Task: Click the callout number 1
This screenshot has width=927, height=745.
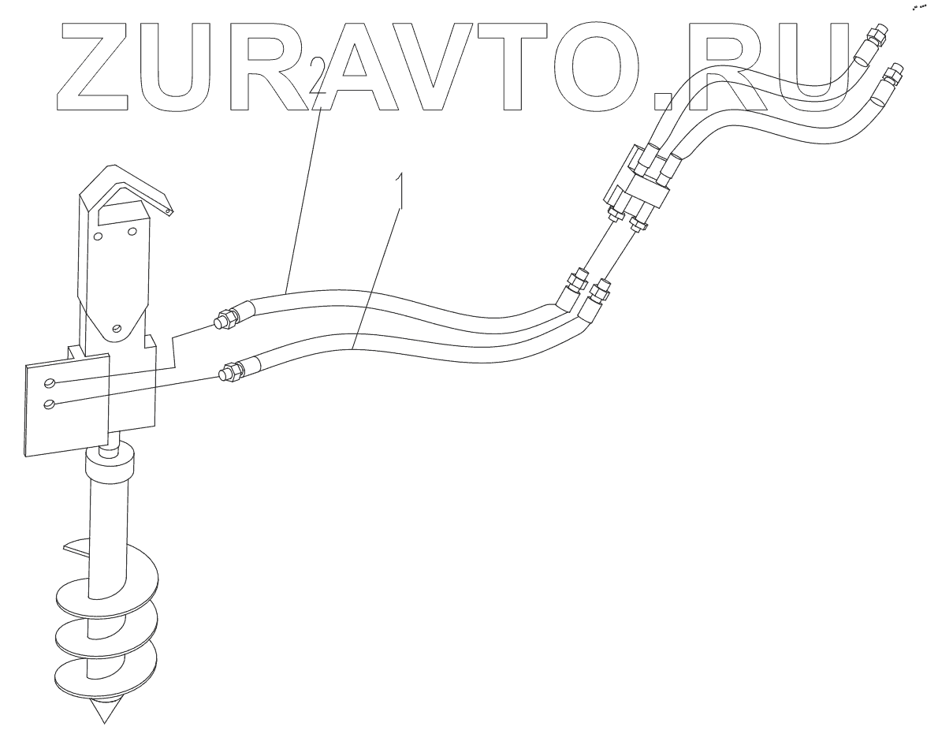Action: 402,191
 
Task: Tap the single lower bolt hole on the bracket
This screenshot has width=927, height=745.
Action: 117,329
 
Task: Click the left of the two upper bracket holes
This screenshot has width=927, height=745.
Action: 98,236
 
